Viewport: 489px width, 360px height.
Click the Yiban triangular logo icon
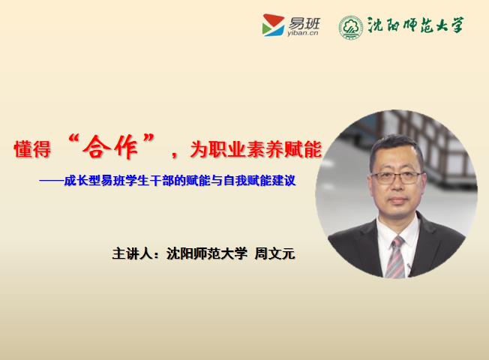pyautogui.click(x=273, y=25)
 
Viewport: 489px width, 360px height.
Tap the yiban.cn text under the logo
pyautogui.click(x=302, y=33)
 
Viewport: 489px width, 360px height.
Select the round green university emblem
pyautogui.click(x=350, y=27)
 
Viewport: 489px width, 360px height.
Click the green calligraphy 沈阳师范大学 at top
pyautogui.click(x=415, y=25)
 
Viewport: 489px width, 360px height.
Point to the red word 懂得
pyautogui.click(x=32, y=148)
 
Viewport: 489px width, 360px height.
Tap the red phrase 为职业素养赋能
pyautogui.click(x=256, y=148)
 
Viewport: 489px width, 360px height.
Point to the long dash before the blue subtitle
pyautogui.click(x=51, y=181)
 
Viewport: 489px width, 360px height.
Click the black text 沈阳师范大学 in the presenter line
pyautogui.click(x=207, y=253)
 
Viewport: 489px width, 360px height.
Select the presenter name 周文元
pyautogui.click(x=274, y=253)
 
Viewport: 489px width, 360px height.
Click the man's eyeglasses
pyautogui.click(x=396, y=178)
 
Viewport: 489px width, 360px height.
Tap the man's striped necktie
pyautogui.click(x=395, y=257)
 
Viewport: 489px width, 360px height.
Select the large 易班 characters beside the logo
pyautogui.click(x=304, y=23)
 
